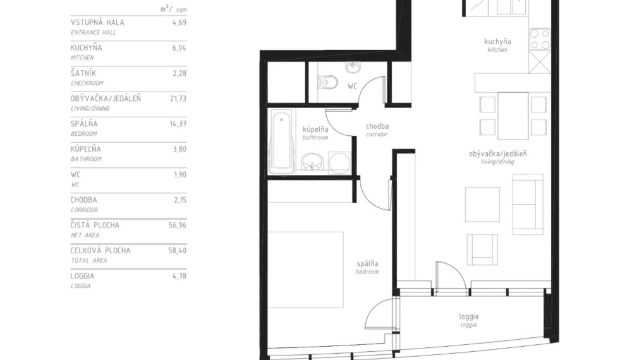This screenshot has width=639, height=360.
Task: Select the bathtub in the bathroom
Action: [281, 141]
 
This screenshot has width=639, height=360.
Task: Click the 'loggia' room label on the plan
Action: [468, 317]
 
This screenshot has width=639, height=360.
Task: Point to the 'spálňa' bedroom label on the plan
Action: [367, 263]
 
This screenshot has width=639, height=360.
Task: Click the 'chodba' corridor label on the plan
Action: [377, 126]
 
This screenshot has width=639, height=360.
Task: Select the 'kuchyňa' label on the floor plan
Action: [497, 42]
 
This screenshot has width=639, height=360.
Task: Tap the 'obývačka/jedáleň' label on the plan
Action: [498, 153]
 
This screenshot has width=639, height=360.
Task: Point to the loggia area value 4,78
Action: [180, 275]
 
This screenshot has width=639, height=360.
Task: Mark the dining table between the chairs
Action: [513, 116]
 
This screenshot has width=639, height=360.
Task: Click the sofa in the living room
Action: [527, 204]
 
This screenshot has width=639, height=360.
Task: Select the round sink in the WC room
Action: [351, 66]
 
